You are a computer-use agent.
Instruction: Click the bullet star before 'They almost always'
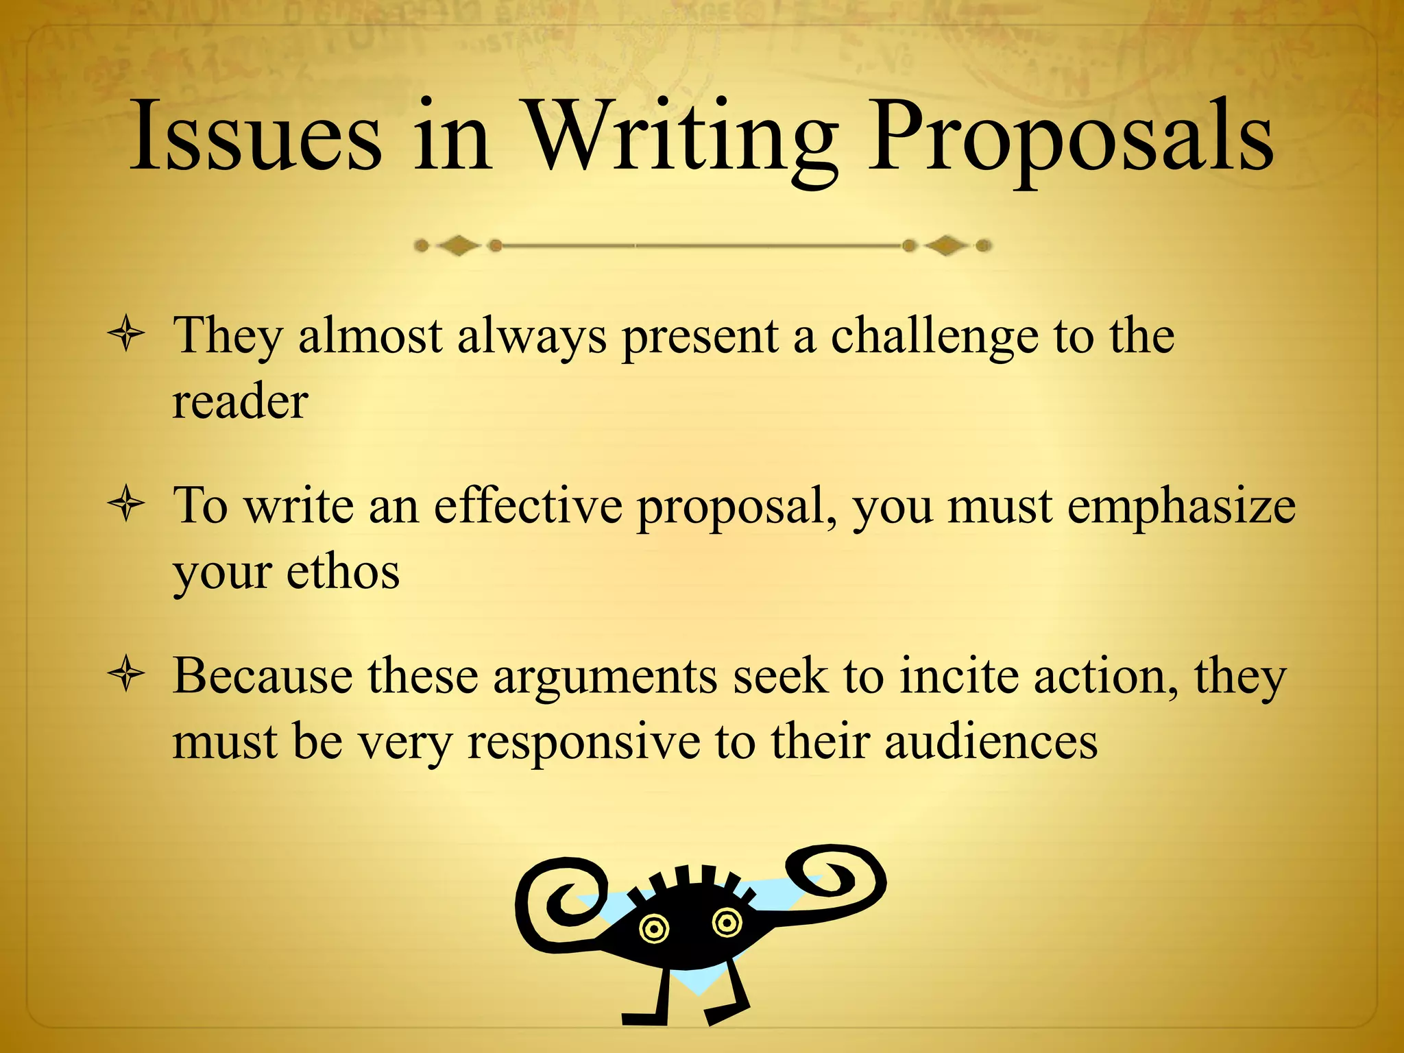click(x=126, y=335)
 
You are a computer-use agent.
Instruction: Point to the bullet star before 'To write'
click(x=126, y=505)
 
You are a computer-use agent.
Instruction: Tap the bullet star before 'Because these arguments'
click(x=126, y=675)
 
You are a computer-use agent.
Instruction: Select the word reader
click(x=240, y=402)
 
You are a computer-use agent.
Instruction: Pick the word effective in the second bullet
click(x=528, y=506)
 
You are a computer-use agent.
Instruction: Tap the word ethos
click(x=343, y=572)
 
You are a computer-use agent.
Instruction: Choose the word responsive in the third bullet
click(x=583, y=743)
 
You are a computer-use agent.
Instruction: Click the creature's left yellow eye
click(x=653, y=930)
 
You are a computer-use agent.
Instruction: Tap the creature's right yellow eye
click(x=727, y=922)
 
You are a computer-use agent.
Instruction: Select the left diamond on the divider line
click(x=458, y=245)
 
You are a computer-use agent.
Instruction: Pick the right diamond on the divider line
click(x=946, y=245)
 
